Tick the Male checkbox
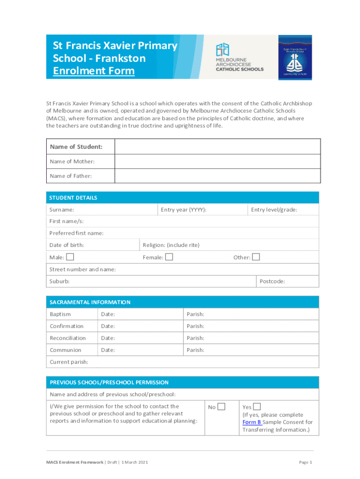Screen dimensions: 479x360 tap(70, 257)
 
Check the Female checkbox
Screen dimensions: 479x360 tap(169, 257)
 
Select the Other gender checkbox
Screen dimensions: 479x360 tap(256, 257)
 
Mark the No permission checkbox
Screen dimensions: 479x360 tap(221, 406)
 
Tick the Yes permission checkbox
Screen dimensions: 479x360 tap(257, 406)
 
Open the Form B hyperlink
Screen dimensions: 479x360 tap(252, 422)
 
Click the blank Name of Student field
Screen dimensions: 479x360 tap(217, 147)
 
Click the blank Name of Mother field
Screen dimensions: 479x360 tap(217, 161)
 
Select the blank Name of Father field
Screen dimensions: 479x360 tap(217, 176)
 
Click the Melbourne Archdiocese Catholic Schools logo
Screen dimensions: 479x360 tap(239, 58)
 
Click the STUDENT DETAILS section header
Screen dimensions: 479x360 tap(73, 198)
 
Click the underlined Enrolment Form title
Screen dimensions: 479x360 tap(94, 71)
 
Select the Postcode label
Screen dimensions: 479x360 tap(272, 281)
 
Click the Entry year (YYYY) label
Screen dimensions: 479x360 tap(184, 210)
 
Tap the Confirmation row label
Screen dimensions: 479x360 tap(66, 326)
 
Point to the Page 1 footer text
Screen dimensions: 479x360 tap(305, 462)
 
